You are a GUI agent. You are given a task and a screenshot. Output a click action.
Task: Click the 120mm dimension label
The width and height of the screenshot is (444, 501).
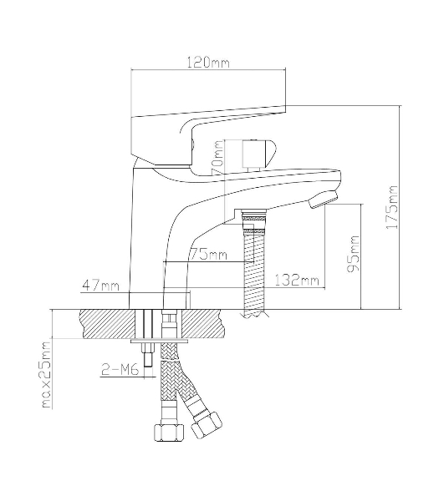click(x=208, y=63)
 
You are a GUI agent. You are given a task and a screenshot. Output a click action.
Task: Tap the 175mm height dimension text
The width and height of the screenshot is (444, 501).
click(x=392, y=207)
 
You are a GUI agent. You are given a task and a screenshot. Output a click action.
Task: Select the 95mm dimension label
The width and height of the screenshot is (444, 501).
click(x=354, y=253)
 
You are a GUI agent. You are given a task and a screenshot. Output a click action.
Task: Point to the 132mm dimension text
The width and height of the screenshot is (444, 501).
click(x=297, y=281)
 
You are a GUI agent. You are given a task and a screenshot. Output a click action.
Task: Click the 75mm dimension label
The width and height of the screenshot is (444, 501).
click(x=208, y=255)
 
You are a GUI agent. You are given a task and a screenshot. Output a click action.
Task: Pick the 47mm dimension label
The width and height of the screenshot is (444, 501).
click(x=101, y=286)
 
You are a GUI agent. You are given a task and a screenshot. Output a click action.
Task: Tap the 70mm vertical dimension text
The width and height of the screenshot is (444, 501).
click(x=217, y=157)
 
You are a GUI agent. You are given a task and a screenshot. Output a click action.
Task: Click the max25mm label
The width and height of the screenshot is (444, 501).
click(x=47, y=375)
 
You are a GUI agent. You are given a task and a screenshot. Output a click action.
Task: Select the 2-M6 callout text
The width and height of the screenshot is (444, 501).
click(x=120, y=370)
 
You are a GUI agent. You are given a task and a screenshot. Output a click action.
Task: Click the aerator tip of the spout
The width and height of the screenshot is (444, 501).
click(x=323, y=200)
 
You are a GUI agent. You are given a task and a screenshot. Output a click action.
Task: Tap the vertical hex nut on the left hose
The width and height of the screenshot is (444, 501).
click(x=170, y=433)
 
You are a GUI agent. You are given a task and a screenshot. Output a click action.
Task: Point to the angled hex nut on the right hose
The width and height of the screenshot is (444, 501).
click(x=206, y=425)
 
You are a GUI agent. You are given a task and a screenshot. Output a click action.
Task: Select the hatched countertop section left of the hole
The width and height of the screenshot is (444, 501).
click(x=108, y=323)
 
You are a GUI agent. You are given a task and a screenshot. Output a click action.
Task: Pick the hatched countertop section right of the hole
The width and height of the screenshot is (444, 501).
click(x=202, y=323)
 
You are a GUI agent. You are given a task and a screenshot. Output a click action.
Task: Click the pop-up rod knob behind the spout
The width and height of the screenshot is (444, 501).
click(x=258, y=154)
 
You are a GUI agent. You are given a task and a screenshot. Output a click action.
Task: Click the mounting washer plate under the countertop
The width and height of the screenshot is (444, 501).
click(x=159, y=342)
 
